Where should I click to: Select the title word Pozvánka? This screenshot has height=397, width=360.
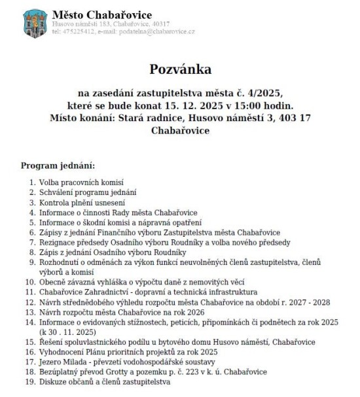tap(181, 69)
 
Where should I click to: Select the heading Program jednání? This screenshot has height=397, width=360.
tap(58, 164)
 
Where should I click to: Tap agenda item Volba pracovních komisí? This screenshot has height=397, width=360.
tap(81, 182)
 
